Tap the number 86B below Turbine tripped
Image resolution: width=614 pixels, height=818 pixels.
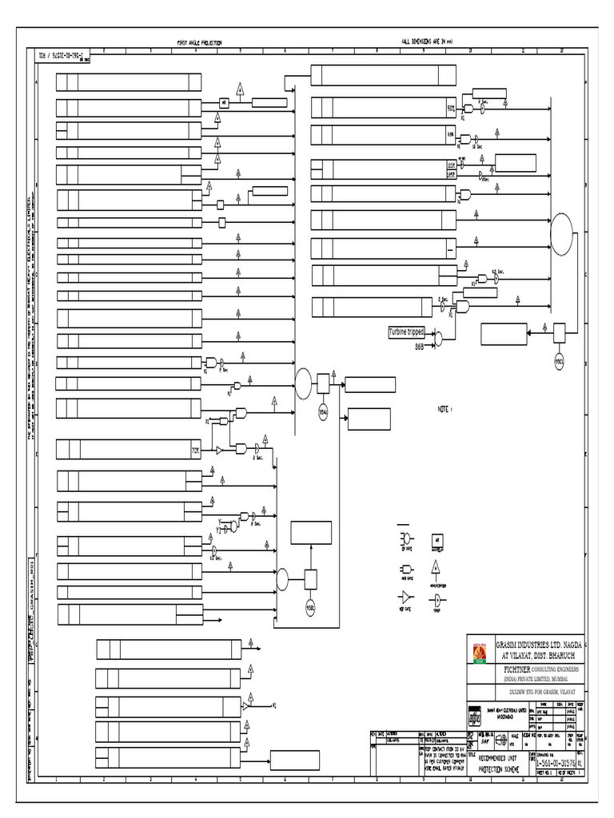click(419, 347)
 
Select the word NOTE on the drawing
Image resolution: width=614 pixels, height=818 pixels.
click(445, 409)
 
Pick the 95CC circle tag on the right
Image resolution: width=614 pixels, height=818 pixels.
click(560, 360)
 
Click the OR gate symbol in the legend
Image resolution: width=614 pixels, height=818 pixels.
click(405, 538)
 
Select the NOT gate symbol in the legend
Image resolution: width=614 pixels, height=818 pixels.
click(406, 598)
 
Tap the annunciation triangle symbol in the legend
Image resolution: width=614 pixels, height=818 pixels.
click(437, 567)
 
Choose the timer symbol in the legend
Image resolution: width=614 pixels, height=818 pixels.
click(437, 598)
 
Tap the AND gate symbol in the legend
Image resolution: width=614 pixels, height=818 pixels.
click(405, 568)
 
